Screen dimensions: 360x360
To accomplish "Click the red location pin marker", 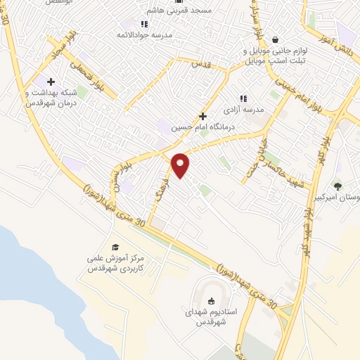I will pyautogui.click(x=181, y=165).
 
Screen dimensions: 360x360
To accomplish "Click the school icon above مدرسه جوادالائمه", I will pyautogui.click(x=144, y=24).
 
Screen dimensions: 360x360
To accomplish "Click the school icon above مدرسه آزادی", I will pyautogui.click(x=243, y=99).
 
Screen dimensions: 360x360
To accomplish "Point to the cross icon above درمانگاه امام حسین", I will pyautogui.click(x=203, y=116).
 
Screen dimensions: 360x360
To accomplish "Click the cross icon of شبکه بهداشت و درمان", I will pyautogui.click(x=51, y=82).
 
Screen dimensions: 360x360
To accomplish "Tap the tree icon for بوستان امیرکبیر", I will pyautogui.click(x=337, y=186).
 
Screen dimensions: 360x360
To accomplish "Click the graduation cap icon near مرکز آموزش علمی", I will pyautogui.click(x=115, y=247).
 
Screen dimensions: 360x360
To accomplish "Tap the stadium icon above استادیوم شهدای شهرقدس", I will pyautogui.click(x=212, y=301).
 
